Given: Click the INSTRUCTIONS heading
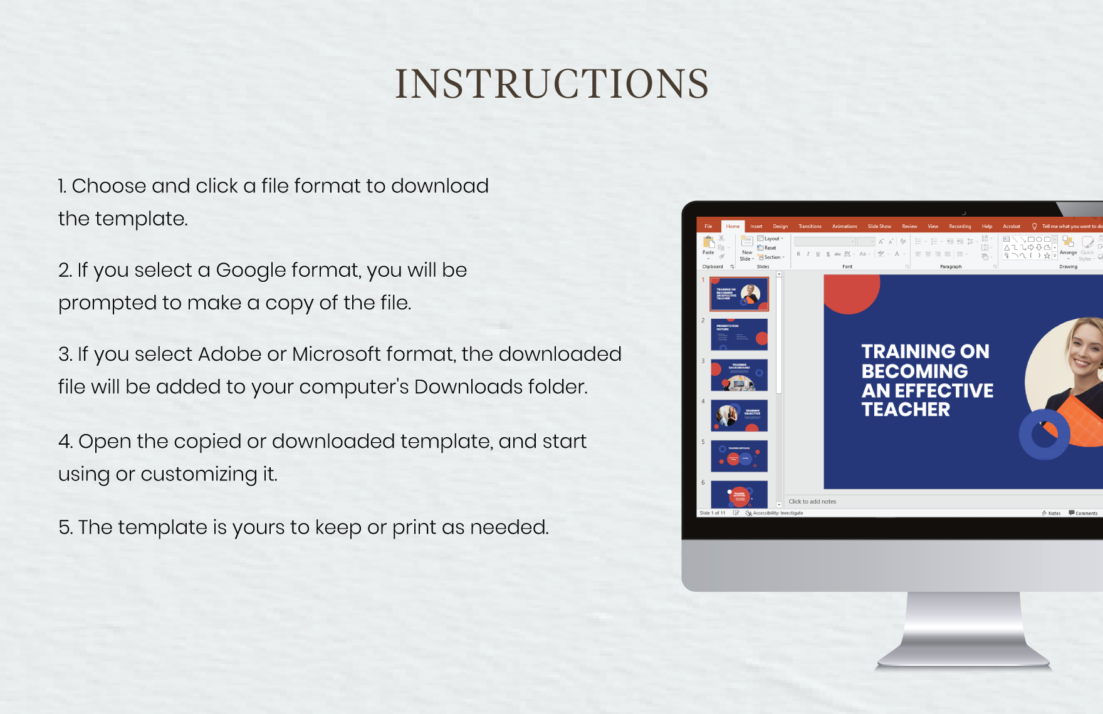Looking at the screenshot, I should click(x=551, y=84).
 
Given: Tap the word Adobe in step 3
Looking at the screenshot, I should click(x=229, y=354).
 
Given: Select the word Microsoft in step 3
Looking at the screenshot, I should click(x=337, y=354).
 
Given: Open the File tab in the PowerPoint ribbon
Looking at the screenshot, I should click(x=708, y=226).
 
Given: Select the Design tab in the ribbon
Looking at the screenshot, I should click(x=780, y=226).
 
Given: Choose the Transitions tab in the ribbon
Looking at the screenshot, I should click(x=810, y=226).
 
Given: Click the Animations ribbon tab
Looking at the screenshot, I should click(x=844, y=226).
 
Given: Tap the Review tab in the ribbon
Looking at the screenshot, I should click(x=909, y=226).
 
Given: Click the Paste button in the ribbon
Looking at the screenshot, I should click(x=709, y=246).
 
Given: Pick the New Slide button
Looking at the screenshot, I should click(x=746, y=248).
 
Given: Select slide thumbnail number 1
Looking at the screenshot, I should click(x=740, y=294).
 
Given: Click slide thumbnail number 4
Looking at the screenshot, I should click(x=740, y=415).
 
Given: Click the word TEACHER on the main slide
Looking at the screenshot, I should click(x=906, y=410).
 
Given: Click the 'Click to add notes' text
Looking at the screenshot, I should click(x=812, y=502).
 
